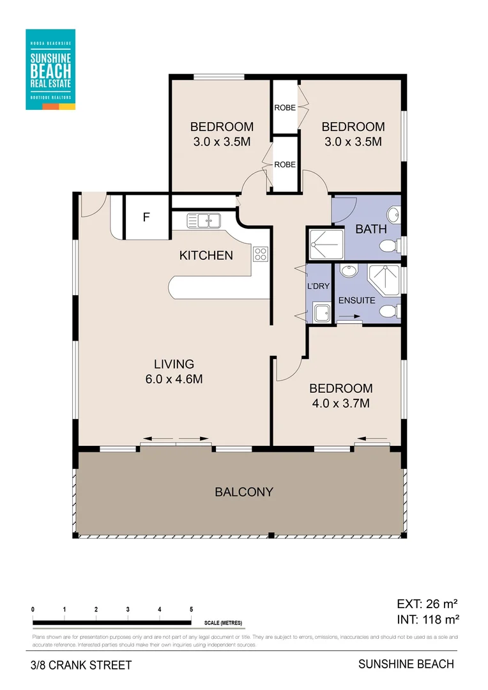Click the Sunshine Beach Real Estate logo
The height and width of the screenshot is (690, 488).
(50, 69)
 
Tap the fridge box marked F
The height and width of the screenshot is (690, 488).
(146, 217)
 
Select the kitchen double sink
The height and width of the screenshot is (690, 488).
(204, 221)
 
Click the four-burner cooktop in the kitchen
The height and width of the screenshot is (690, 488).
(261, 254)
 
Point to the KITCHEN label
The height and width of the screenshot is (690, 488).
(206, 256)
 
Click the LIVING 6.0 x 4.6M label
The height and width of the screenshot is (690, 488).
(174, 372)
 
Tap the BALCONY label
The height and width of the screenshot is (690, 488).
(244, 492)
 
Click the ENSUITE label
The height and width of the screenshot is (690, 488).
(356, 300)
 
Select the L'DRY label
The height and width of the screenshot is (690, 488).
(319, 286)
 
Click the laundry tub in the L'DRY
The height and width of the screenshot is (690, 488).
(321, 313)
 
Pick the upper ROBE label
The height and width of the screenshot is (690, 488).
(285, 107)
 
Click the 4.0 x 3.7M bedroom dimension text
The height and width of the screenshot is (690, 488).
(340, 403)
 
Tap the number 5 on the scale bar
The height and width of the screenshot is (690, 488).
(191, 609)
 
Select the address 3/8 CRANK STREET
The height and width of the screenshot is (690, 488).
(80, 665)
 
